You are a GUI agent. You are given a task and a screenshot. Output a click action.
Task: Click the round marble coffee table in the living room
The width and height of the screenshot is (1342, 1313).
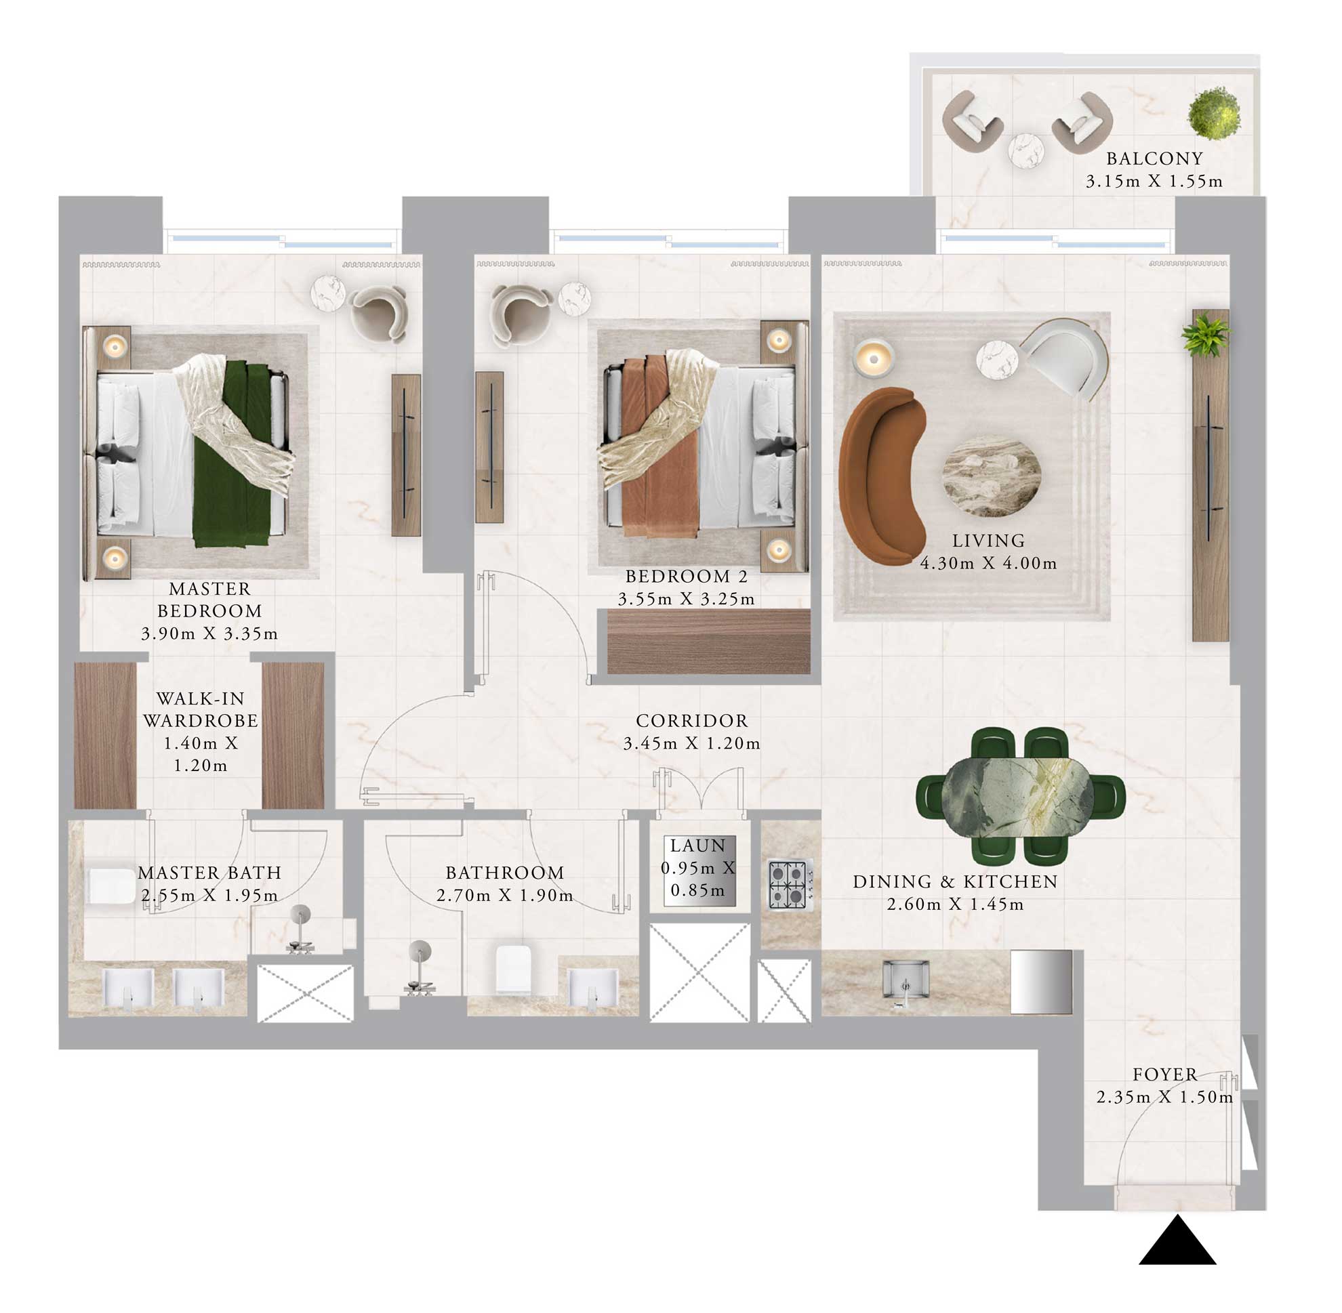pyautogui.click(x=992, y=476)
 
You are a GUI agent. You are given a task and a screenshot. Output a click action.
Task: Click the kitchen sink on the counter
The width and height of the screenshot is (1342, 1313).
pyautogui.click(x=906, y=979)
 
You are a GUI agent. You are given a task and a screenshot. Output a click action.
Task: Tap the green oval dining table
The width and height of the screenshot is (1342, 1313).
pyautogui.click(x=1017, y=797)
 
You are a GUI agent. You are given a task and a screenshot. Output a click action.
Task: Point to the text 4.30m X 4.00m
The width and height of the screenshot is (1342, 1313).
pyautogui.click(x=988, y=564)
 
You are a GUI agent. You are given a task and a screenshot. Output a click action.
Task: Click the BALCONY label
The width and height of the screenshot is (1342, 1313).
pyautogui.click(x=1154, y=159)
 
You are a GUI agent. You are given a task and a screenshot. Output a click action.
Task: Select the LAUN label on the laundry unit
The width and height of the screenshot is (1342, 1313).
pyautogui.click(x=697, y=846)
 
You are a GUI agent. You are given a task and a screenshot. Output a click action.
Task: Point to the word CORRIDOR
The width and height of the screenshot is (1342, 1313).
pyautogui.click(x=691, y=721)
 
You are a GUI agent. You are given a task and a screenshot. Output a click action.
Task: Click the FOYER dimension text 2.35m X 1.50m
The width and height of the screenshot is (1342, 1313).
pyautogui.click(x=1164, y=1097)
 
